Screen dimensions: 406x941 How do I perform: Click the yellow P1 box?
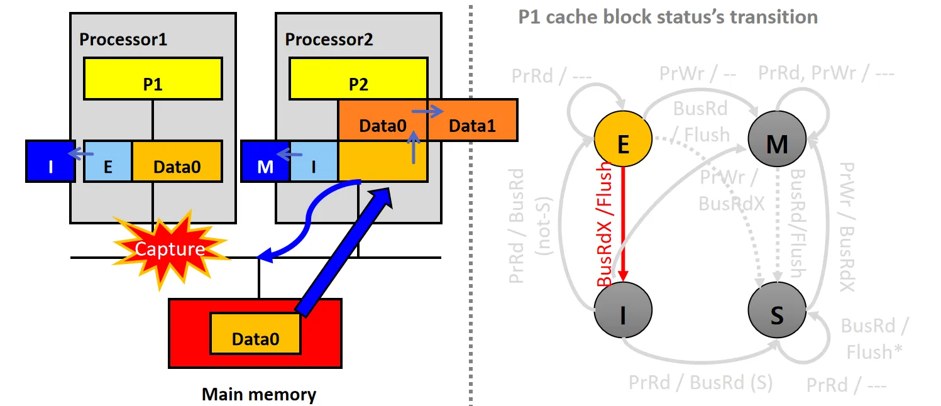153,78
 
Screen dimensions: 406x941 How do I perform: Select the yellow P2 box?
358,78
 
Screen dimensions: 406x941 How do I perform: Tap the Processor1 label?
123,40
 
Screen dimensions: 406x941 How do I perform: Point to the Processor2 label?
329,40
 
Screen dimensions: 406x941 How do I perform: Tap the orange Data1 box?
471,126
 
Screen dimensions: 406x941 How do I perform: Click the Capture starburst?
169,250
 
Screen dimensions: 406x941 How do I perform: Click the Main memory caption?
259,395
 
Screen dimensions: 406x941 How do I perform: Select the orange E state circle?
623,145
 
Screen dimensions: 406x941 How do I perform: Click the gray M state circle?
777,145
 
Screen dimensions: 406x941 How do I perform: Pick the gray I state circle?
623,312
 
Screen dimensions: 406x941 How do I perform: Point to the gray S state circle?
777,312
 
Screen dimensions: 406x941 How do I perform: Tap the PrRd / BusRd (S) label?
700,382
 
